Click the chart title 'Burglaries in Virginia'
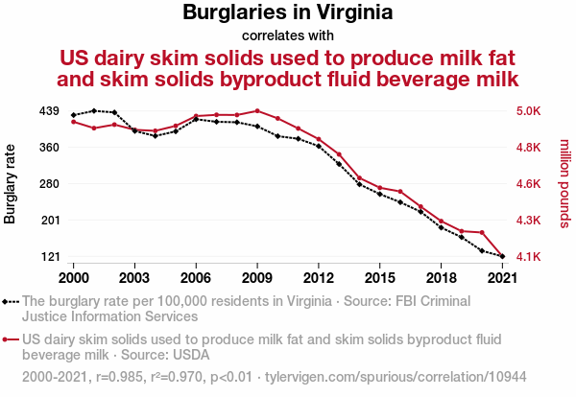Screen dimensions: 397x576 (x=288, y=13)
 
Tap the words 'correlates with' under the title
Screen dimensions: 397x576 (x=288, y=35)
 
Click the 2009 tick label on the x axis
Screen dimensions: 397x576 (x=257, y=277)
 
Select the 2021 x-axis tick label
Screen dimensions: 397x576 (x=502, y=277)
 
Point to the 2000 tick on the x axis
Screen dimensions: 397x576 (x=73, y=277)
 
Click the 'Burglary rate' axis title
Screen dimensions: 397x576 (x=11, y=184)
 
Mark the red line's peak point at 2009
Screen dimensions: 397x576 (x=257, y=111)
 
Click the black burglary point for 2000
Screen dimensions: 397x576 (x=73, y=115)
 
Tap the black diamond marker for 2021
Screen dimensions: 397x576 (x=502, y=257)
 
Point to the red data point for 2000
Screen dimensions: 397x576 (x=73, y=122)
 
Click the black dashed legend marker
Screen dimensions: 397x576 (x=11, y=301)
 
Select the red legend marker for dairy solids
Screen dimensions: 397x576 (x=11, y=339)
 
